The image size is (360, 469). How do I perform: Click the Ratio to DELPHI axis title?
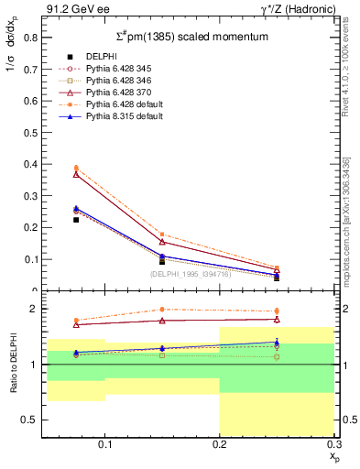tap(13, 365)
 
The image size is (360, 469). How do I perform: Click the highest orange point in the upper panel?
tap(76, 168)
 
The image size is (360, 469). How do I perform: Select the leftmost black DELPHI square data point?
tap(76, 220)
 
